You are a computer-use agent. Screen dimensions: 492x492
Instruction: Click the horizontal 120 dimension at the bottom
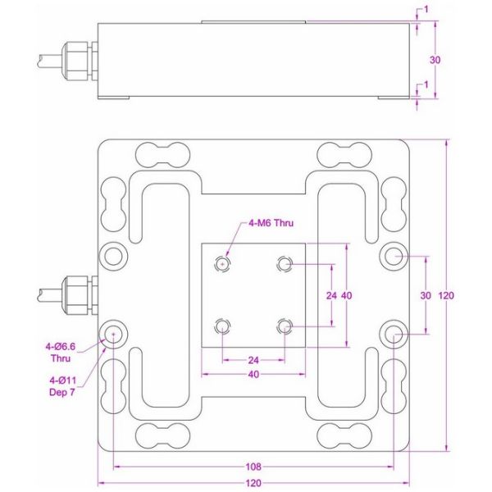tap(253, 481)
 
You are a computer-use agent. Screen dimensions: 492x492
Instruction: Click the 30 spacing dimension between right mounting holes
tap(425, 294)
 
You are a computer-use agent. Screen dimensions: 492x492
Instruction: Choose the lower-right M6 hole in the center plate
tap(284, 326)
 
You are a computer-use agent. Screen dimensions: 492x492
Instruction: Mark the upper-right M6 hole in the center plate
tap(284, 263)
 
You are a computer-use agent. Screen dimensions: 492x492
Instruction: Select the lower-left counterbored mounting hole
tap(112, 332)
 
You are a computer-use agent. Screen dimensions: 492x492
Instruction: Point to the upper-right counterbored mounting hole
tap(395, 256)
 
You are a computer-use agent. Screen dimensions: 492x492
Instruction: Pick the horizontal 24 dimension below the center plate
tap(253, 360)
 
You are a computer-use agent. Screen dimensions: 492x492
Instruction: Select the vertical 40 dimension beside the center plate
tap(347, 294)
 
